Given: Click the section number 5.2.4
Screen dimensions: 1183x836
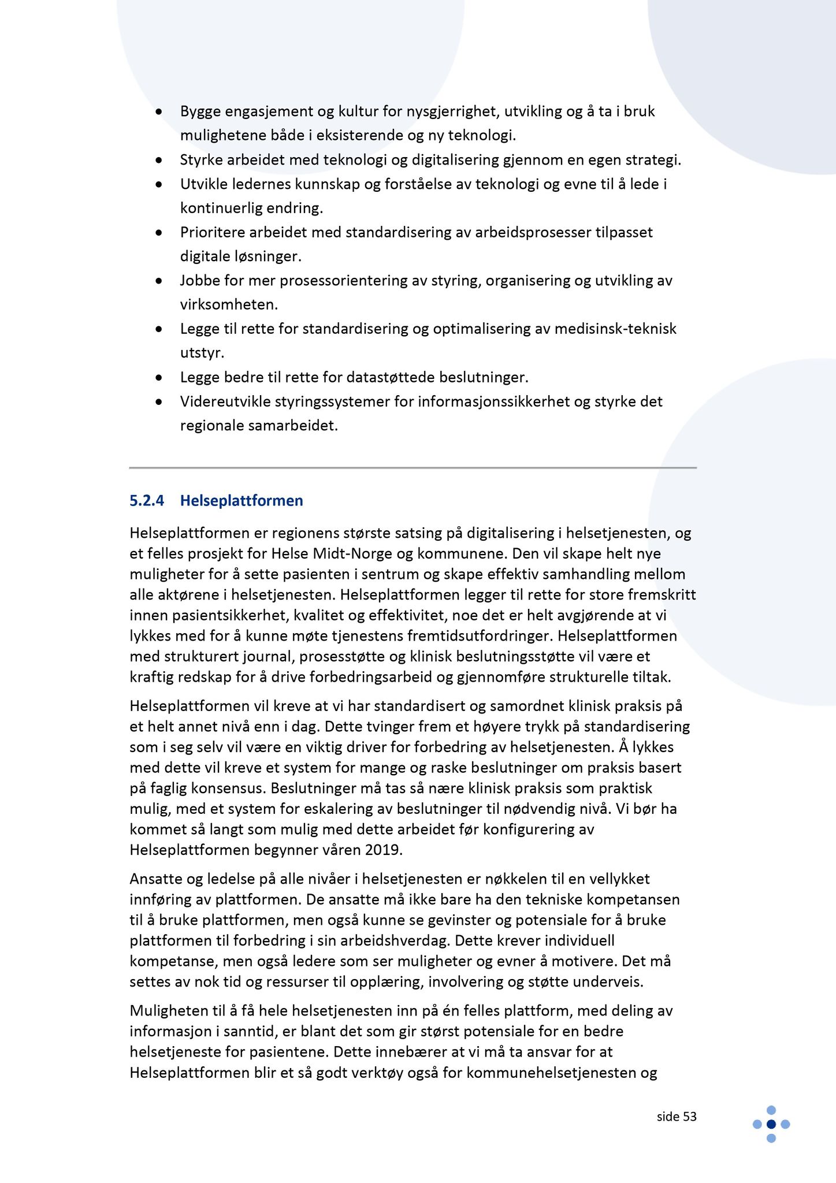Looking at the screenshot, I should point(147,500).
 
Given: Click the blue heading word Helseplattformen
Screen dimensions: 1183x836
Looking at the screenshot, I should point(241,500).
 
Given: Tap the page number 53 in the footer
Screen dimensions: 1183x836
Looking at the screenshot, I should point(690,1117).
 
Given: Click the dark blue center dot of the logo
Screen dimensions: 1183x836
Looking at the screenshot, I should point(771,1124).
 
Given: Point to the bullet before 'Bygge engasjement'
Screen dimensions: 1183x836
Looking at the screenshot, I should point(159,111).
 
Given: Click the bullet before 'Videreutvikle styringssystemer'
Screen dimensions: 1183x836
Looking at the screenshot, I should point(159,401).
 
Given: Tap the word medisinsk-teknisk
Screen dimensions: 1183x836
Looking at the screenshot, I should point(615,329).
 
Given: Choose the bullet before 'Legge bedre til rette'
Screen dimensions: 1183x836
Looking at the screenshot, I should point(159,377).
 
